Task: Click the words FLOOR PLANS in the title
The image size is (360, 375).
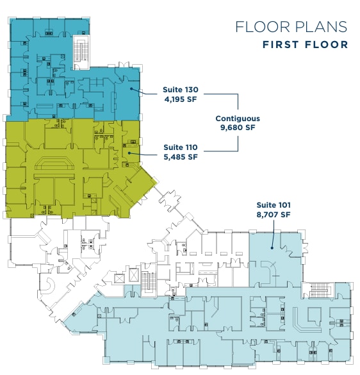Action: coord(291,27)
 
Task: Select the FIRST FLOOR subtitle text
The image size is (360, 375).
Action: coord(305,45)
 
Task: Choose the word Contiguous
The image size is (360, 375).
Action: coord(238,119)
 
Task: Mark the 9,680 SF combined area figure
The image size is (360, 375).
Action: coord(238,128)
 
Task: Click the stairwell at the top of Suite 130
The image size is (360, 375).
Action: coord(81,51)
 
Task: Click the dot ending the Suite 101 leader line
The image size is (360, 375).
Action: coord(272,247)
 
